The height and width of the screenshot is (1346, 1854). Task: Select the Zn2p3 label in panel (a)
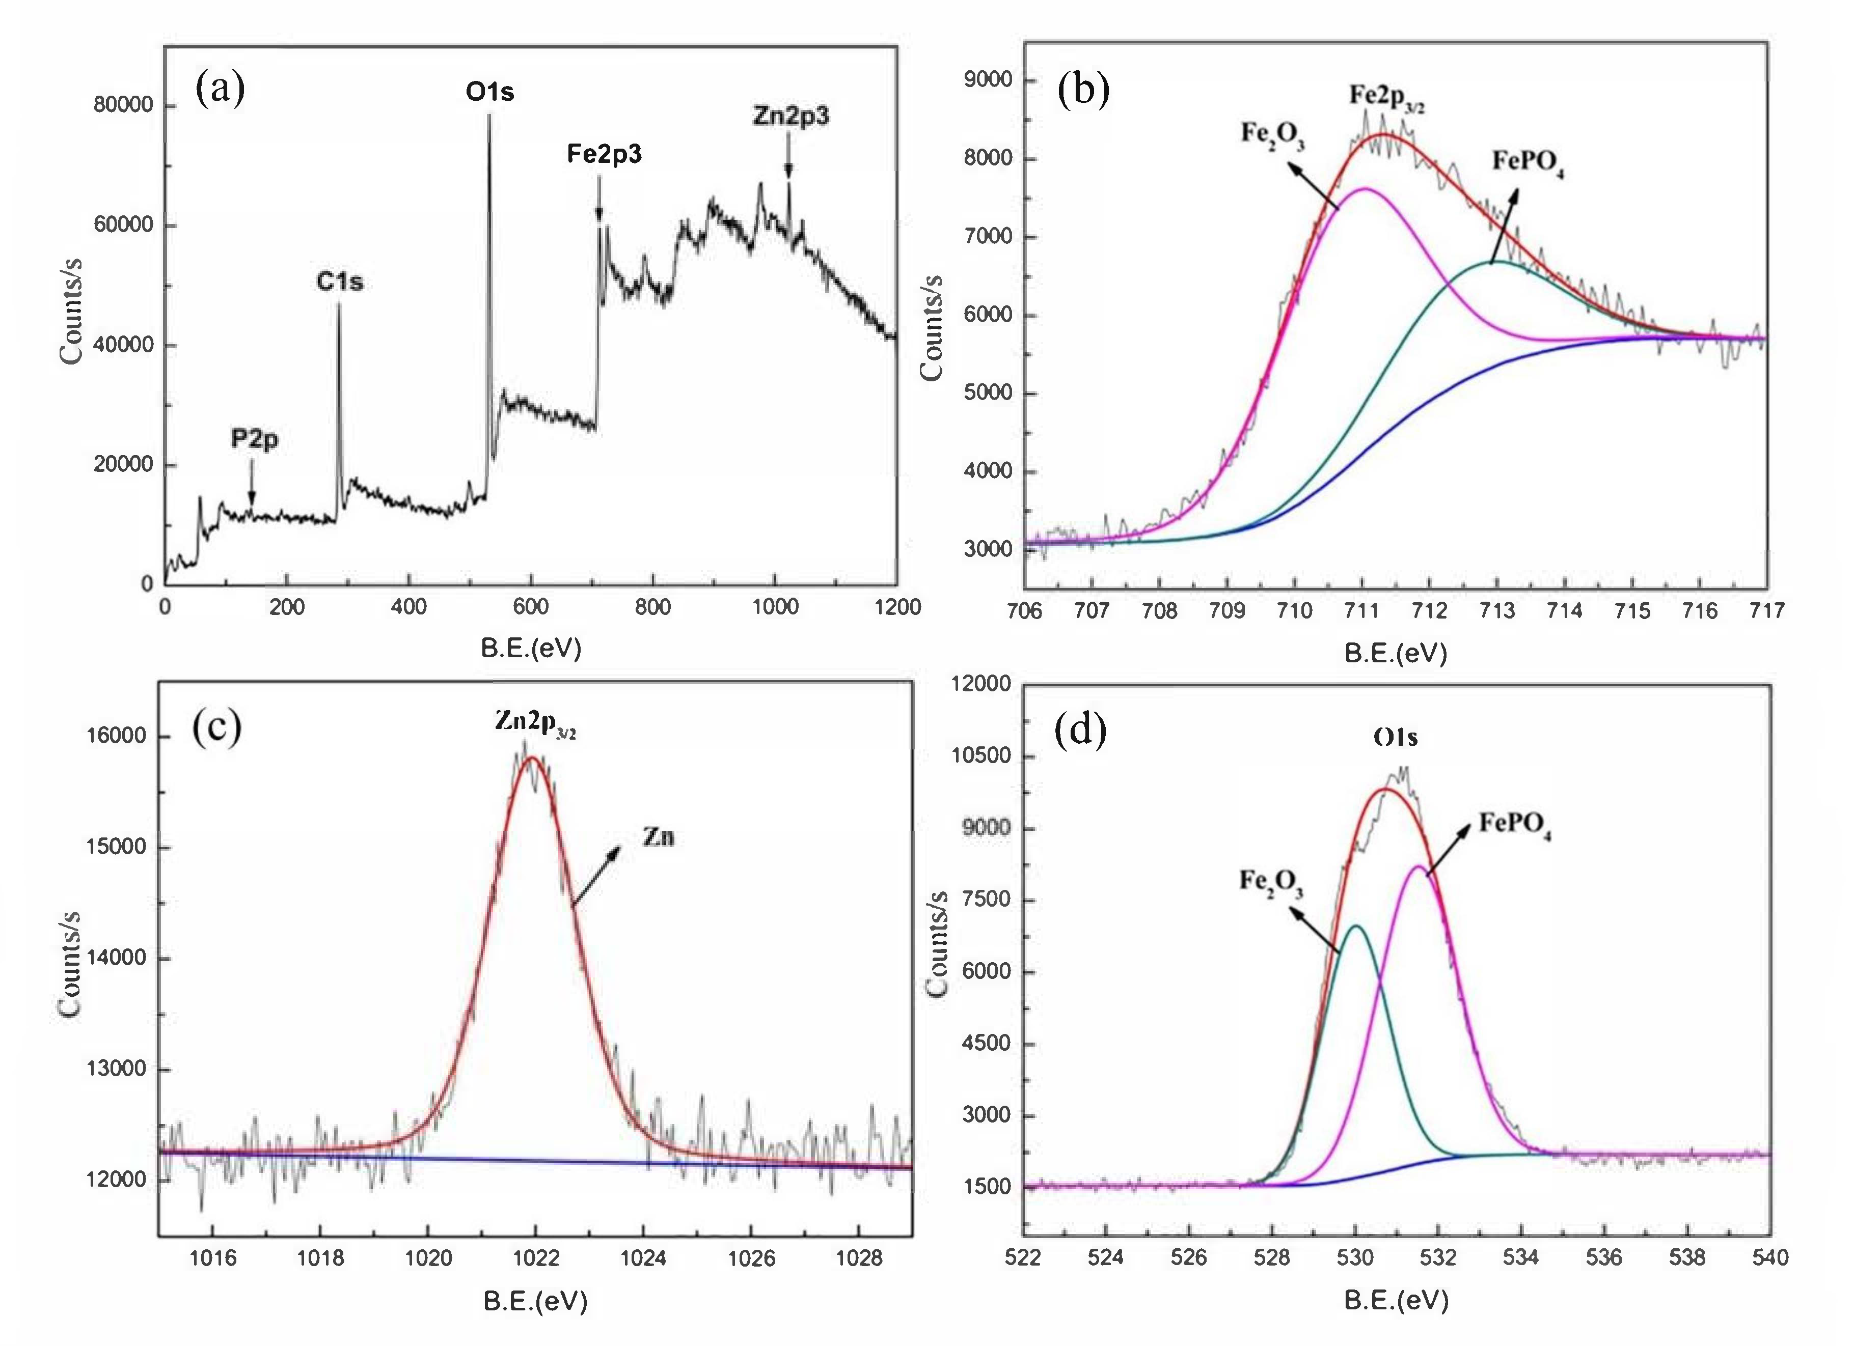coord(790,116)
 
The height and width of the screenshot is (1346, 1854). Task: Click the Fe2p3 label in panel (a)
coord(604,154)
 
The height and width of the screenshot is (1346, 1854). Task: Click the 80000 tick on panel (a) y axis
coord(123,105)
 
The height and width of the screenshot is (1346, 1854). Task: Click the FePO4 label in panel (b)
coord(1527,161)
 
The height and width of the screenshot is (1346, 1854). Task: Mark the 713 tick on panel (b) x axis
coord(1497,610)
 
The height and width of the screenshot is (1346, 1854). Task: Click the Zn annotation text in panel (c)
coord(658,837)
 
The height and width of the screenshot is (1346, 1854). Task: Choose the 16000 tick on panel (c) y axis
coord(116,736)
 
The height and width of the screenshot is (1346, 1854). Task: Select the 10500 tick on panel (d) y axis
coord(981,755)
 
